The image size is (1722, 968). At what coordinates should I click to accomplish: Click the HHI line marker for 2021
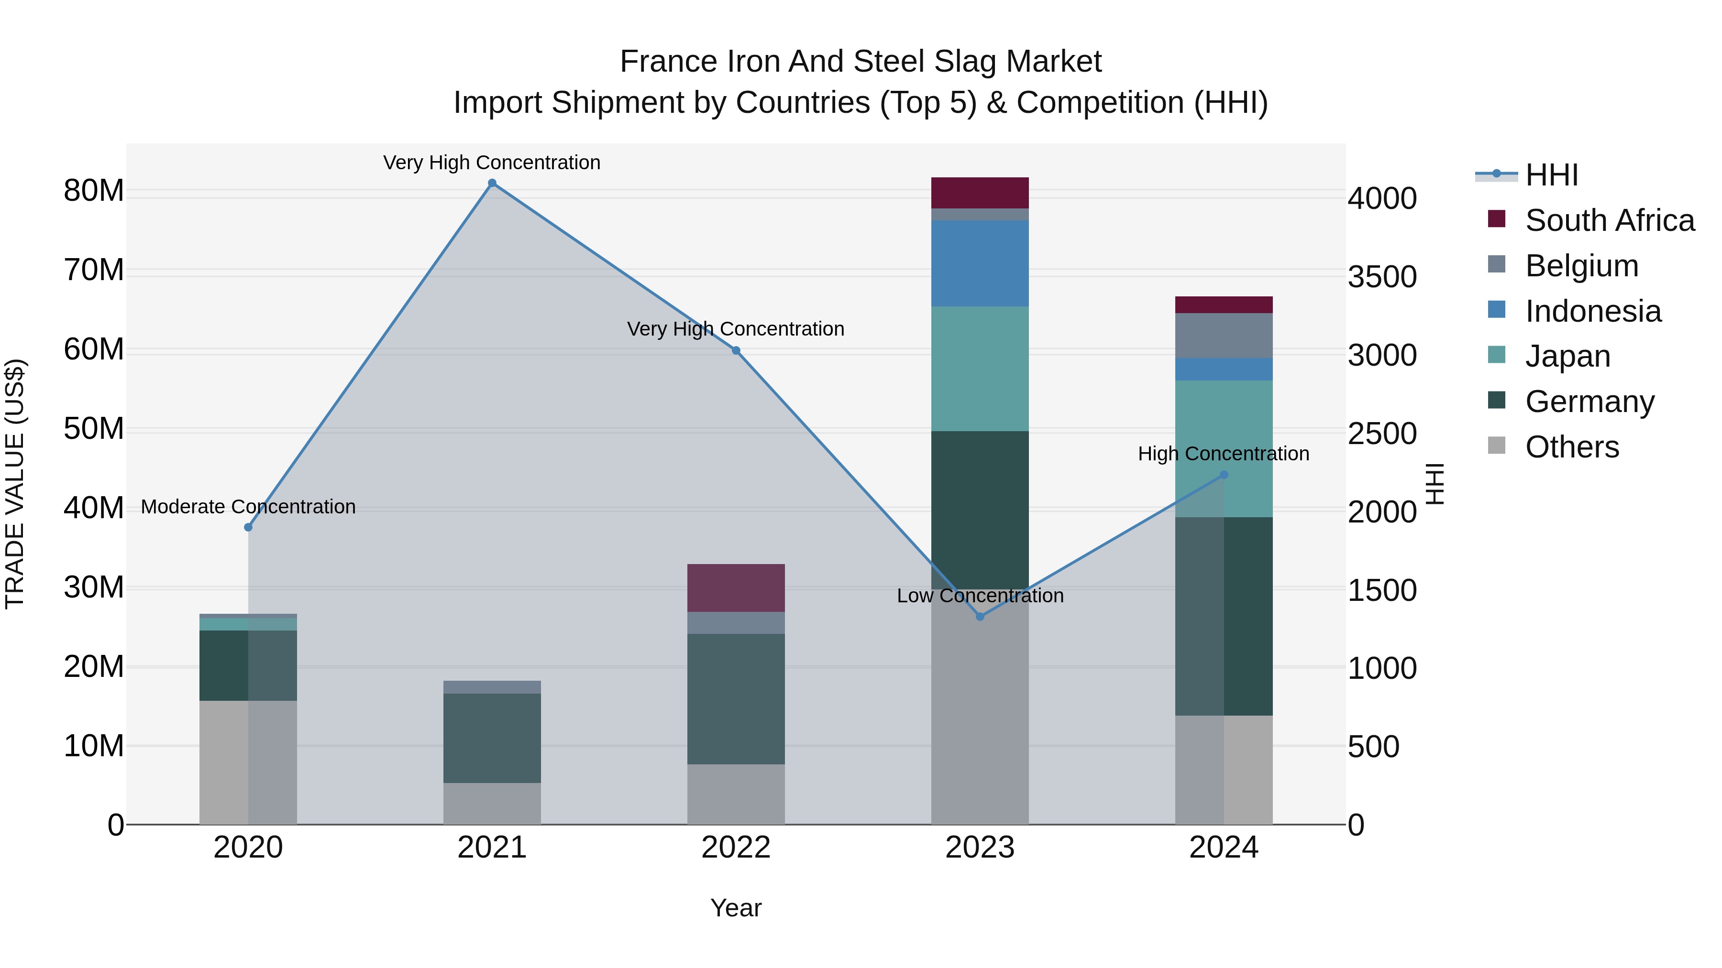[x=492, y=183]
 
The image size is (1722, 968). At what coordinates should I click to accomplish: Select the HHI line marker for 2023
[x=980, y=617]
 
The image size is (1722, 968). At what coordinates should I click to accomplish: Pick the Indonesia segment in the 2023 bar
[x=980, y=263]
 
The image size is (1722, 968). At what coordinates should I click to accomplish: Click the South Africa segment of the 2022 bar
[x=736, y=588]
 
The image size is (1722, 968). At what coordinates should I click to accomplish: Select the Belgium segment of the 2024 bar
[x=1224, y=336]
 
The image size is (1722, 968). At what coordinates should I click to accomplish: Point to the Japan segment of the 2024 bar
[x=1224, y=427]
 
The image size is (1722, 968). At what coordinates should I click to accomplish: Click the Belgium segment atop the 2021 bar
[x=492, y=687]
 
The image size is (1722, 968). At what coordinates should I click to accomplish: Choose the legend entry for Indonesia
[x=1592, y=311]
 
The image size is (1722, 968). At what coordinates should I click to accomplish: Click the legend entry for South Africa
[x=1609, y=220]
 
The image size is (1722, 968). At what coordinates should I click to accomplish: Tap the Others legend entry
[x=1572, y=447]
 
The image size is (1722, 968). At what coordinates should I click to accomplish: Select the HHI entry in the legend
[x=1551, y=175]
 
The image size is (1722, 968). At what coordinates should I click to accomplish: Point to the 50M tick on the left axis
[x=94, y=429]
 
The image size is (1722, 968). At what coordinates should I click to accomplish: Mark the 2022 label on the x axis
[x=736, y=848]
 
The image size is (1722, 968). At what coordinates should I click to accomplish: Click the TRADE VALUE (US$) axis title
[x=15, y=484]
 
